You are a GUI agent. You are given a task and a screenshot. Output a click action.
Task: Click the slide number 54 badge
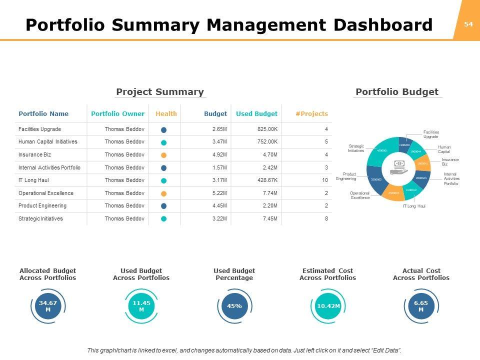(468, 24)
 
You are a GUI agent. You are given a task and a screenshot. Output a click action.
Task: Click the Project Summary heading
(160, 91)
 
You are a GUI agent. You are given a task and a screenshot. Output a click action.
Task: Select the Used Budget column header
(256, 113)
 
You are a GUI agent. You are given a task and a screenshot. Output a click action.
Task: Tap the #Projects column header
(311, 113)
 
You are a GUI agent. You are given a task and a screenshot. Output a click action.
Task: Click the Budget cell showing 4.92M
(219, 155)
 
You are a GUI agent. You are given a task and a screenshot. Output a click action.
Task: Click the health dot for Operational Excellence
(163, 193)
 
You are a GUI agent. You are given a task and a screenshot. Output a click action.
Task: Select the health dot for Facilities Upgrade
(163, 129)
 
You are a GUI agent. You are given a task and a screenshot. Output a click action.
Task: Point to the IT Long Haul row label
(33, 180)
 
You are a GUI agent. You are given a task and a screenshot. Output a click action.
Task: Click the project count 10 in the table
(325, 180)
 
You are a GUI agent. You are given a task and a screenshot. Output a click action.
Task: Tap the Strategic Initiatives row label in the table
(40, 218)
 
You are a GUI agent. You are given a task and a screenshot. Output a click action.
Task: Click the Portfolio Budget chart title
(397, 91)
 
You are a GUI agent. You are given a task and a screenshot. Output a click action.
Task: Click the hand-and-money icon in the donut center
(399, 167)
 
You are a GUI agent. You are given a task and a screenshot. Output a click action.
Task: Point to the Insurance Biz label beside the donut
(450, 161)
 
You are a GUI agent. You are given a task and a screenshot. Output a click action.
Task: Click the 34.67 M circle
(47, 306)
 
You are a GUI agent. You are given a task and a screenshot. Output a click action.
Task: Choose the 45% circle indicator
(234, 306)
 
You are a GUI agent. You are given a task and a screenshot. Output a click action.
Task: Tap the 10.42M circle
(328, 306)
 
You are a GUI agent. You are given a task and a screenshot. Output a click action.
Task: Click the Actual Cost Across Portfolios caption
(421, 274)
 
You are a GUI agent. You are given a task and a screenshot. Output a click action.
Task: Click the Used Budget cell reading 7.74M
(270, 193)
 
